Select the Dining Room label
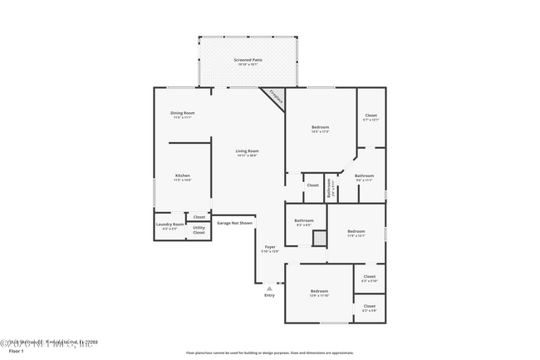pyautogui.click(x=182, y=113)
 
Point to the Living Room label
pyautogui.click(x=247, y=151)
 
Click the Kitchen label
pyautogui.click(x=182, y=175)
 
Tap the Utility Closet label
pyautogui.click(x=199, y=229)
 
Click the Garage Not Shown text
pyautogui.click(x=234, y=223)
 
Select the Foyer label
pyautogui.click(x=270, y=247)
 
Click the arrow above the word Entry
pyautogui.click(x=269, y=288)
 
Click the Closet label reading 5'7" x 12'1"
pyautogui.click(x=371, y=116)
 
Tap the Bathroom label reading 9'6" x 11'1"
pyautogui.click(x=364, y=176)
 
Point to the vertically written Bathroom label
pyautogui.click(x=330, y=188)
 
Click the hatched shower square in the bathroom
pyautogui.click(x=319, y=238)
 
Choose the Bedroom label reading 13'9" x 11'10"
pyautogui.click(x=320, y=292)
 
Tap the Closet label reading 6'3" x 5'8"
pyautogui.click(x=369, y=308)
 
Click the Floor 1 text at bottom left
pyautogui.click(x=16, y=353)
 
